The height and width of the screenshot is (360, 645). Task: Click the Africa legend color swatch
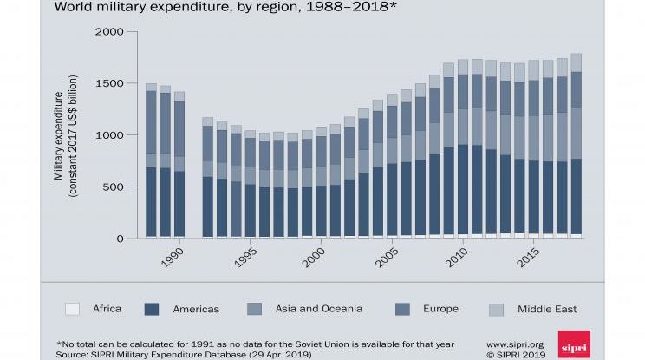pos(73,309)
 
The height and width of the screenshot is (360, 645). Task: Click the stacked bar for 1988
pos(151,160)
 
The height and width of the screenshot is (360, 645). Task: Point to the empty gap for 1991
pos(193,173)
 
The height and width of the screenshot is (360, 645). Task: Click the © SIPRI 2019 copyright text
pos(514,354)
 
